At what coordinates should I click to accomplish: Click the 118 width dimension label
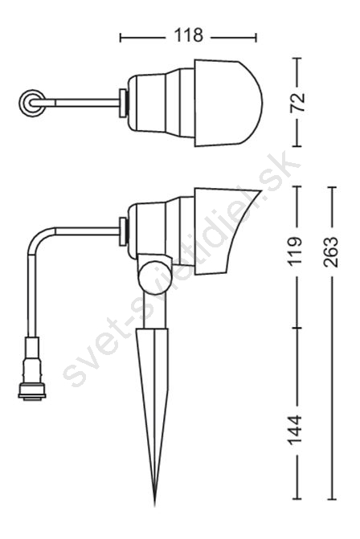[188, 35]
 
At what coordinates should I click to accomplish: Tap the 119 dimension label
[296, 251]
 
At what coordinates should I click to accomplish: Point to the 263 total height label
[331, 251]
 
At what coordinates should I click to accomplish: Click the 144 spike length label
[295, 431]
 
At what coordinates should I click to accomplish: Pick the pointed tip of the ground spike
[154, 505]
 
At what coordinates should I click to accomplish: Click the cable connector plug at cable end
[32, 370]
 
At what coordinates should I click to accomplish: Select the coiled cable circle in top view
[31, 103]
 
